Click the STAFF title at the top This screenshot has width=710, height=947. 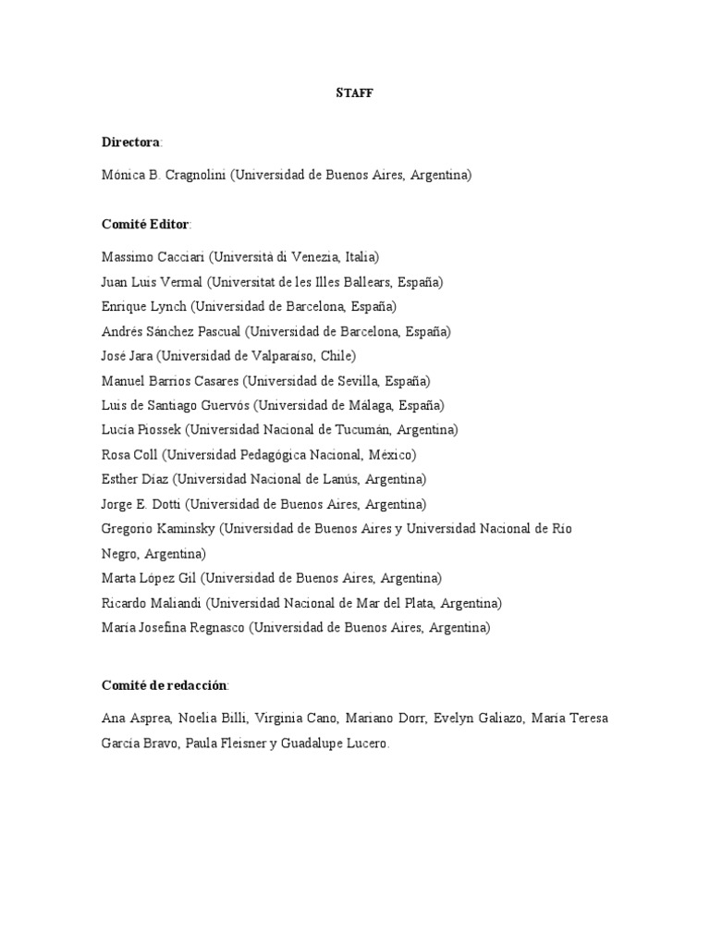point(354,93)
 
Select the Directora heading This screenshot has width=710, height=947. point(131,142)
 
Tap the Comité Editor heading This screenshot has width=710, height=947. point(145,224)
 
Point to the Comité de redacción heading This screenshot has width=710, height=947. point(164,685)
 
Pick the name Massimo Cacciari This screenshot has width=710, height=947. point(153,256)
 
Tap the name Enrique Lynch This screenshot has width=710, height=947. point(144,306)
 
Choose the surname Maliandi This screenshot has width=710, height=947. point(174,603)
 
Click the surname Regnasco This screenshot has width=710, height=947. point(212,627)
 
